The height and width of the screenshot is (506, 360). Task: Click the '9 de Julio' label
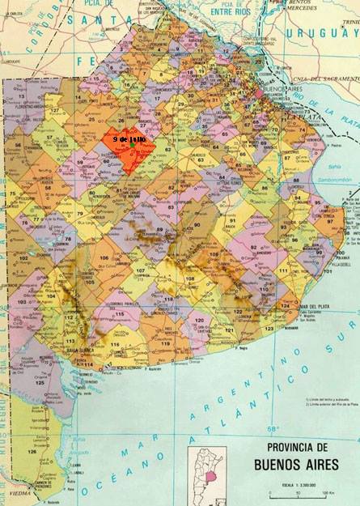129,139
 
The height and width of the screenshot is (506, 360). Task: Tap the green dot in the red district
131,146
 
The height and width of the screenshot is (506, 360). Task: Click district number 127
56,110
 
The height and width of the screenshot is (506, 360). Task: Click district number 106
104,258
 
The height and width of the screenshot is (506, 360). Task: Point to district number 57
51,138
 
